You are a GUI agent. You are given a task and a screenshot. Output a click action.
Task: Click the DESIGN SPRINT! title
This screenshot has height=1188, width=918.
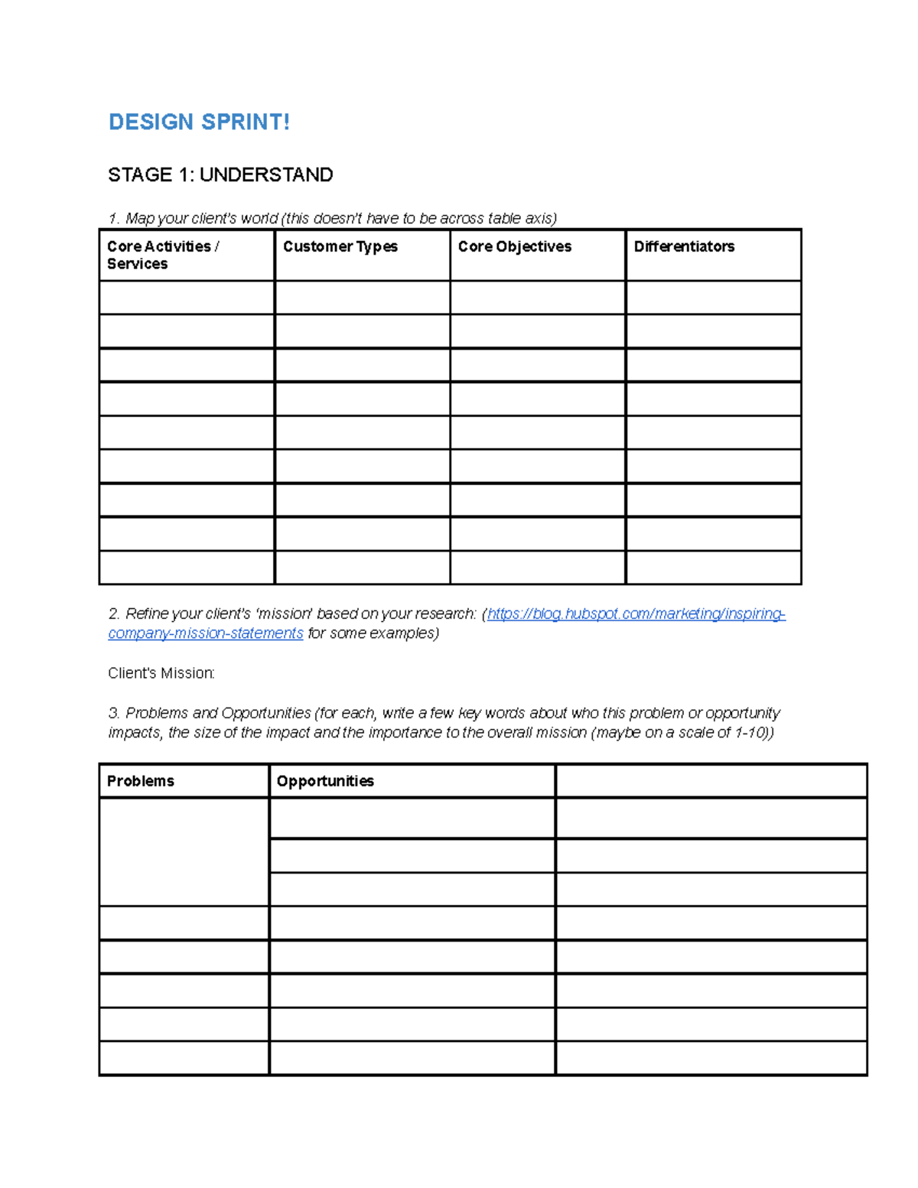tap(199, 122)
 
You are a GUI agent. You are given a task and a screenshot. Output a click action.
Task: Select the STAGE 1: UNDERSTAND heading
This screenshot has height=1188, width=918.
tap(220, 175)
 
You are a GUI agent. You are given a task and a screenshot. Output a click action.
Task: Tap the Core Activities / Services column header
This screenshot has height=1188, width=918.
tap(163, 255)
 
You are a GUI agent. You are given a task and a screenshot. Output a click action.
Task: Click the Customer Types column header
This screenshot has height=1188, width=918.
tap(340, 246)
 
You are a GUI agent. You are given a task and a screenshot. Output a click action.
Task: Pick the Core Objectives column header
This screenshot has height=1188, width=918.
tap(515, 246)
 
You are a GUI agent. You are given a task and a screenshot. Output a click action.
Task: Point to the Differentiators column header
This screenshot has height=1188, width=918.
tap(684, 246)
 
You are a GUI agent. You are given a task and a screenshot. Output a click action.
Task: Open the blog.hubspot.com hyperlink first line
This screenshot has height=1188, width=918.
tap(636, 614)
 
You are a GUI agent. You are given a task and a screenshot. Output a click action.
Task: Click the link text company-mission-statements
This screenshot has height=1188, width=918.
tap(206, 633)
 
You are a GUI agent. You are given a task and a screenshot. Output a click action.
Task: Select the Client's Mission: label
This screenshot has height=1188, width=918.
tap(161, 673)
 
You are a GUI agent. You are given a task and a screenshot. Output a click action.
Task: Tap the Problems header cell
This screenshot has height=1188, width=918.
tap(141, 781)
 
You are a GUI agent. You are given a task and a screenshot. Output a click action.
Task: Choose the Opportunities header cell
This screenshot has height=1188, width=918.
tap(325, 781)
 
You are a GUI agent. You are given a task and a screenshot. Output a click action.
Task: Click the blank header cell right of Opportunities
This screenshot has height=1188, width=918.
tap(711, 781)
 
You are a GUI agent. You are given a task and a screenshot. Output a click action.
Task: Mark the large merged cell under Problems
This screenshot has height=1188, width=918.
tap(184, 851)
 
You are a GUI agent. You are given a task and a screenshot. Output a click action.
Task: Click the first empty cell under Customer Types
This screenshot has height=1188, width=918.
tap(362, 298)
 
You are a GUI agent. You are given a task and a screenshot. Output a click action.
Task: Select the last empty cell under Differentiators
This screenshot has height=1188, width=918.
tap(713, 568)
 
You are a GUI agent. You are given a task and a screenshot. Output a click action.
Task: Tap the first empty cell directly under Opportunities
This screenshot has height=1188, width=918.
tap(412, 818)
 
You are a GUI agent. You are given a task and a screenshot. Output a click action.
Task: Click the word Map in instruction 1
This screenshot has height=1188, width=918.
tap(140, 219)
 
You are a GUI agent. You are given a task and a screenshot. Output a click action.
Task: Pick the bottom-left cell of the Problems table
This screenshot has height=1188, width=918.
tap(184, 1058)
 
